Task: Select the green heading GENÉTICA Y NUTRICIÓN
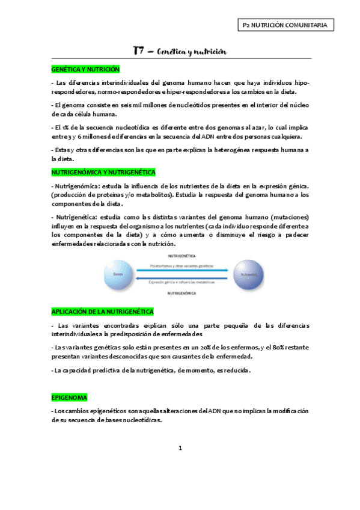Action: (85, 70)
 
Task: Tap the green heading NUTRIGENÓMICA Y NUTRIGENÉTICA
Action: (103, 172)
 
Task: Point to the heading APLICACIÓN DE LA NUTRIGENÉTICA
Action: (102, 311)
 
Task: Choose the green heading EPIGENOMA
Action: (70, 398)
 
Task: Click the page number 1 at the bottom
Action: (180, 448)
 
